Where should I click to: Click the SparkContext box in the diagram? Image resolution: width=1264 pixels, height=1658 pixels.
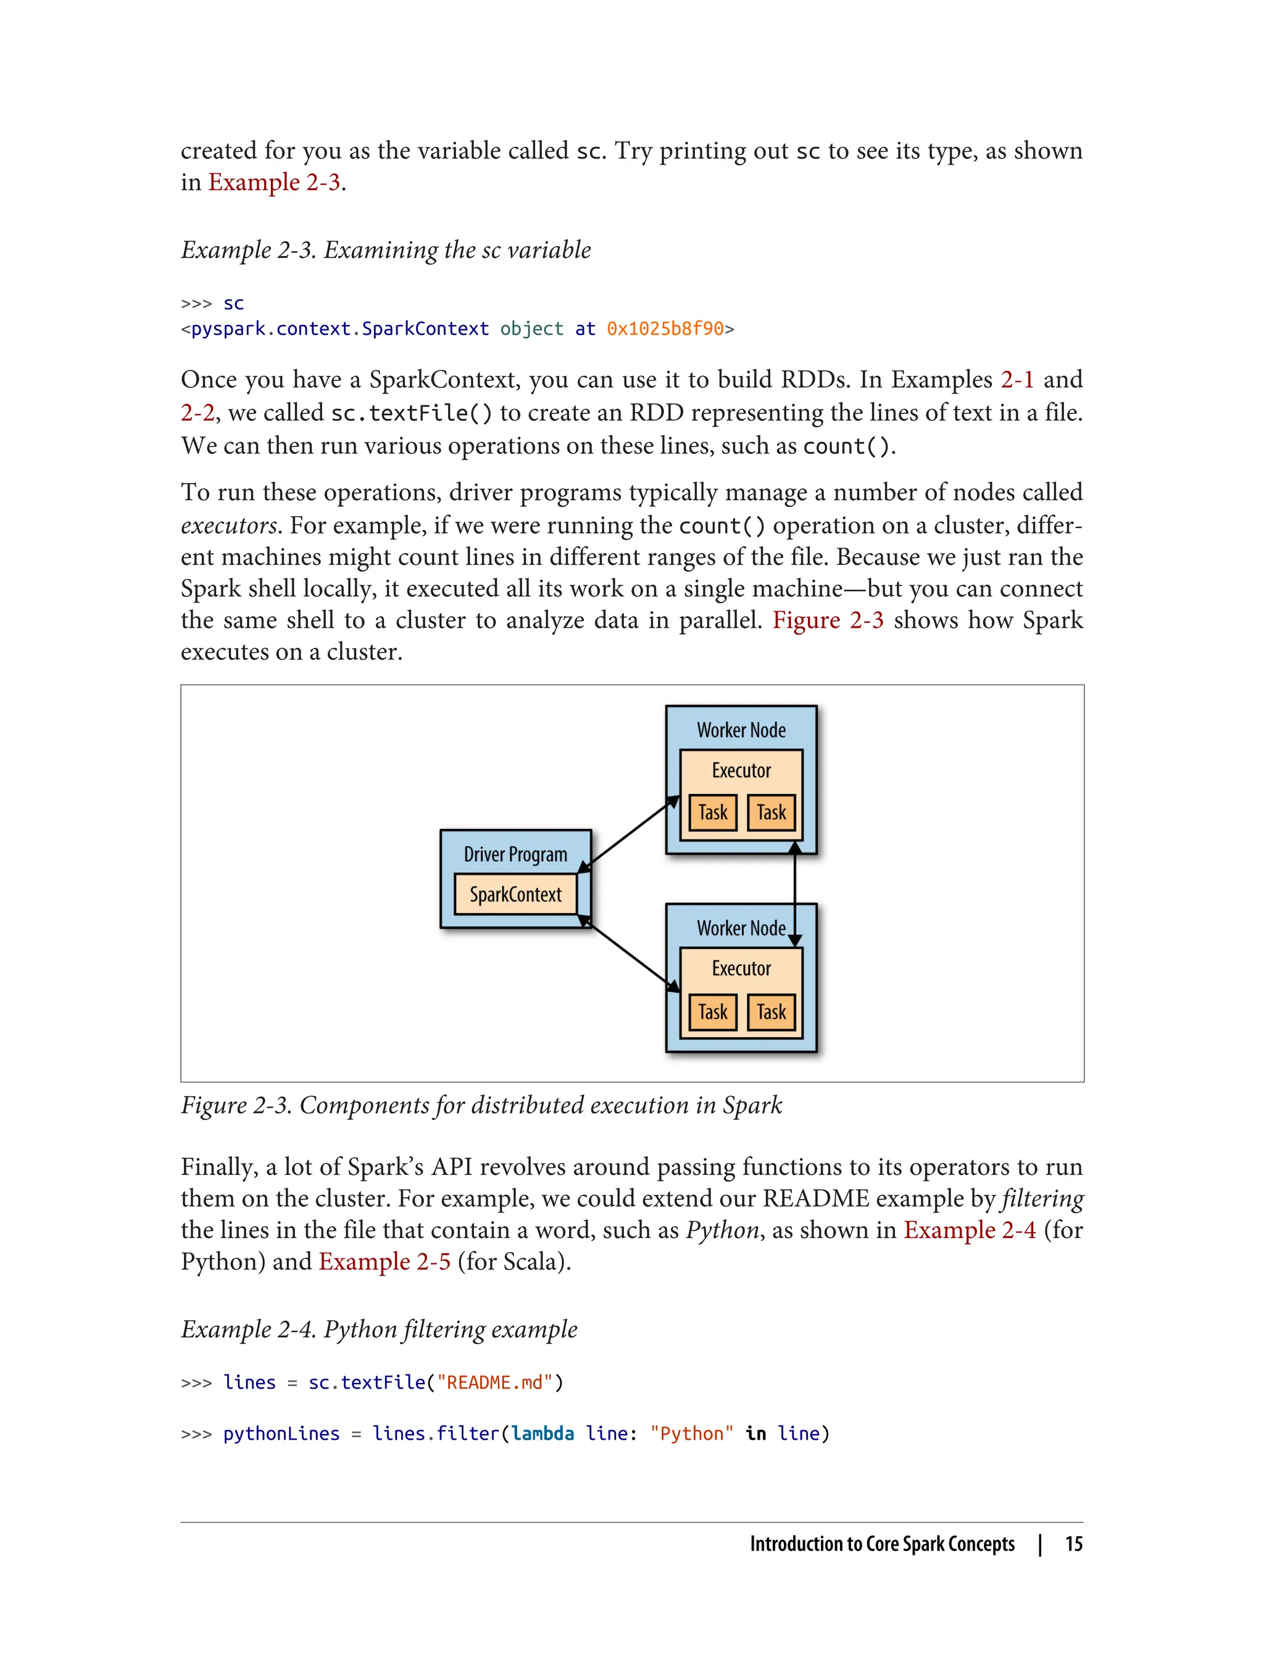coord(515,894)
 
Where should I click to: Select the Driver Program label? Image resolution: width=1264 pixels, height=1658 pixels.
coord(515,854)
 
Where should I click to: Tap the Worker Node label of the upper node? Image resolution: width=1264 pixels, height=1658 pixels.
coord(741,730)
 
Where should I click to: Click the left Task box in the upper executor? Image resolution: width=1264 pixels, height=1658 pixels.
coord(712,813)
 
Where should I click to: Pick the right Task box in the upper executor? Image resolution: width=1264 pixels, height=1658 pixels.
coord(771,813)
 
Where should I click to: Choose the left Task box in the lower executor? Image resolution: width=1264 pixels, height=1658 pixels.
coord(712,1012)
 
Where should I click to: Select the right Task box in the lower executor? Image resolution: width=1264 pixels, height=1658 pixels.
coord(771,1012)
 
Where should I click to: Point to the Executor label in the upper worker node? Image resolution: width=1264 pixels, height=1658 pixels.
coord(741,771)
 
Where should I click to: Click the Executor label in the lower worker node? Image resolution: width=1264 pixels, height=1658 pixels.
coord(741,968)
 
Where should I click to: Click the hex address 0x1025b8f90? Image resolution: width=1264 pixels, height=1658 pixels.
coord(665,329)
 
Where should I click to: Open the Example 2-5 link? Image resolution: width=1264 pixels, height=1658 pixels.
coord(385,1261)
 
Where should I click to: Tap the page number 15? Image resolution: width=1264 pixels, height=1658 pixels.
coord(1074,1544)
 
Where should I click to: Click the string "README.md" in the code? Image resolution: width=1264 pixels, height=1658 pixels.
coord(494,1383)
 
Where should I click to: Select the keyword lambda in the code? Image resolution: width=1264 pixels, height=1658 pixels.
coord(543,1434)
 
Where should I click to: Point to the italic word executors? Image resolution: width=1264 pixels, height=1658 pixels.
coord(230,526)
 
